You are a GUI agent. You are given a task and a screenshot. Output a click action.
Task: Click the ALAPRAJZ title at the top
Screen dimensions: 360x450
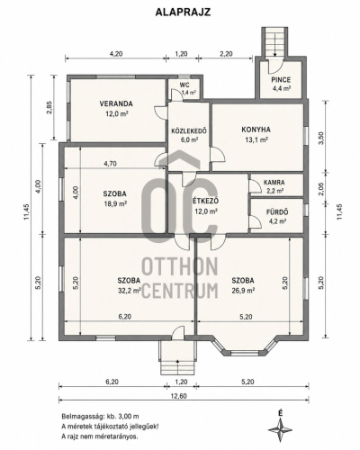tap(183, 12)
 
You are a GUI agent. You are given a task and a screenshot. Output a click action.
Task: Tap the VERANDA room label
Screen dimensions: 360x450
tap(116, 104)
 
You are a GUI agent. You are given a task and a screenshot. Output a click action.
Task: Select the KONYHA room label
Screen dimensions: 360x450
tap(256, 130)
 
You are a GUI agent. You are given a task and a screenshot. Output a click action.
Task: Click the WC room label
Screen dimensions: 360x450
tap(184, 85)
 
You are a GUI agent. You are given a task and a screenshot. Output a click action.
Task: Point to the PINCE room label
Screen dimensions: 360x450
tap(281, 80)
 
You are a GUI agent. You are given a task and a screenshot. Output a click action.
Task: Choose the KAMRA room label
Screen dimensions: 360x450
tap(274, 183)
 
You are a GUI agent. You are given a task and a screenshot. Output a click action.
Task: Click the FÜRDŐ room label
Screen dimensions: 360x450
tap(277, 212)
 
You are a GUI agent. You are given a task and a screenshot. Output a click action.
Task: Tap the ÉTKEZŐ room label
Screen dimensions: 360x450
tap(206, 202)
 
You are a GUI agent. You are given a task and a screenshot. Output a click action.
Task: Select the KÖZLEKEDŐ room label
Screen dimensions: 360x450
tap(189, 131)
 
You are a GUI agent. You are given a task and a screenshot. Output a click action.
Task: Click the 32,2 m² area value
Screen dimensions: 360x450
tap(130, 291)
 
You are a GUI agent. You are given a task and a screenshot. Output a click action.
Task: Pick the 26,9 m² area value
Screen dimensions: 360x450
tap(243, 291)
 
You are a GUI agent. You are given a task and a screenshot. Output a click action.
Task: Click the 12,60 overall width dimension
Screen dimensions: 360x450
tap(178, 396)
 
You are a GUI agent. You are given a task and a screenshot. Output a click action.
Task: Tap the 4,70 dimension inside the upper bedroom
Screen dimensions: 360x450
tap(110, 164)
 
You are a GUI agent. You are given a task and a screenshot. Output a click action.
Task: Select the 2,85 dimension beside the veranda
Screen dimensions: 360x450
tap(49, 107)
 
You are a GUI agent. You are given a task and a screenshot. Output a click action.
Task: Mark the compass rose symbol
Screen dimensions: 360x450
tap(280, 430)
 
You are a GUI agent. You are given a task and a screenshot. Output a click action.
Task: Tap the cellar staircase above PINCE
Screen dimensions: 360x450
tap(274, 41)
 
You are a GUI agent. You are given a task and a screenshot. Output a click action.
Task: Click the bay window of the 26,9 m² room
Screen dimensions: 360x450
tap(244, 348)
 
